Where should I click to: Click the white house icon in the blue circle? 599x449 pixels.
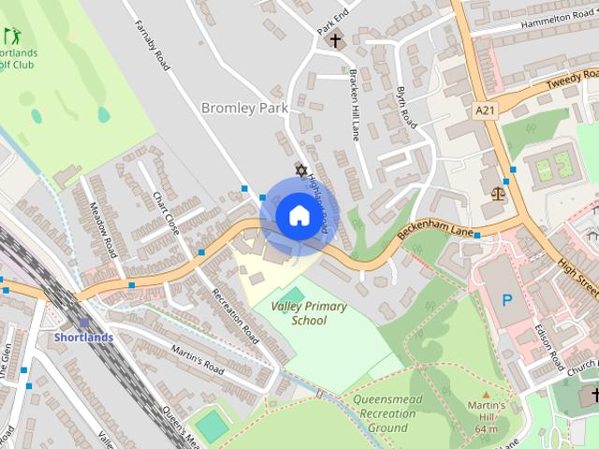coord(299,215)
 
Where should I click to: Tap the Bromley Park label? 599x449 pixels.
coord(245,109)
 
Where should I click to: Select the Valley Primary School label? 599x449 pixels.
coord(308,313)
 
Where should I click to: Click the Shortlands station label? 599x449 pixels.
coord(83,337)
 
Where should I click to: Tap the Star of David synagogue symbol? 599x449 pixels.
coord(301,170)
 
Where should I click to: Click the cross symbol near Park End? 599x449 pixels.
coord(334,40)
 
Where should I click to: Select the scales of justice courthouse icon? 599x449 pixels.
coord(498,194)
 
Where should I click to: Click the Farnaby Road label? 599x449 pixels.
coord(151,47)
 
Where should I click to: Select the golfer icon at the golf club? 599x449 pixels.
coord(12,36)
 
